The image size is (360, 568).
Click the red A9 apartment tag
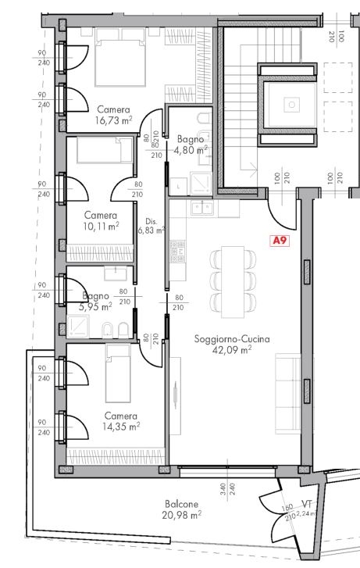point(279,241)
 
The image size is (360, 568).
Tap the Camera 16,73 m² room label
point(113,116)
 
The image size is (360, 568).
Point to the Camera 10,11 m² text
point(102,220)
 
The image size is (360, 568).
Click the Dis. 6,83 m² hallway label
point(151,225)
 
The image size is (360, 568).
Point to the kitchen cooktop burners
point(177,250)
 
